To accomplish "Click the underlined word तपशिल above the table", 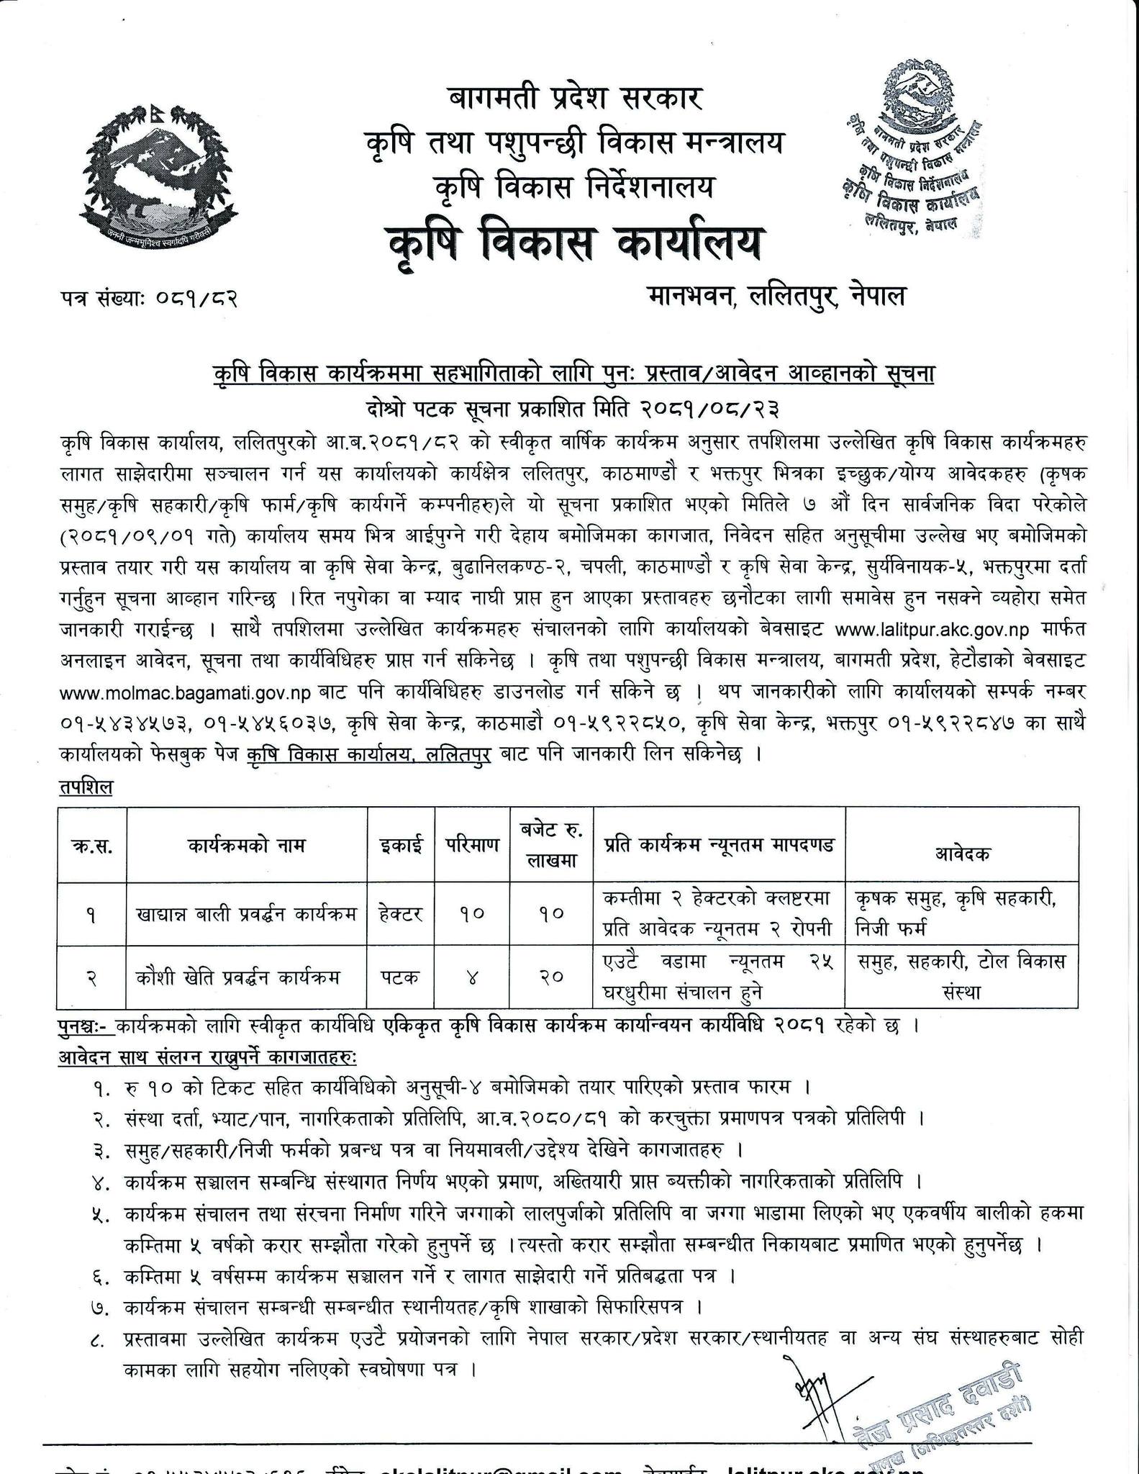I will (x=86, y=787).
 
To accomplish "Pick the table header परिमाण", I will (x=471, y=844).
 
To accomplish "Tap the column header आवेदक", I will (x=961, y=854).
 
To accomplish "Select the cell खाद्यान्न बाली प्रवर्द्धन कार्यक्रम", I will (x=247, y=915).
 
